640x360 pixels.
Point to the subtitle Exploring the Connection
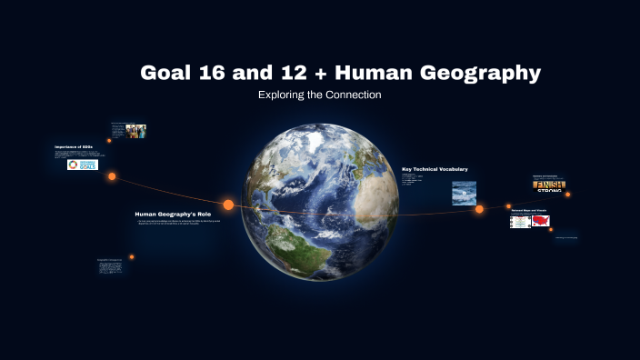319,95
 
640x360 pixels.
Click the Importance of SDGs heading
74,146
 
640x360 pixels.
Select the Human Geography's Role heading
167,214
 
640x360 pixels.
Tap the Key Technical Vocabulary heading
435,169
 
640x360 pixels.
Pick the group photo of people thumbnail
136,131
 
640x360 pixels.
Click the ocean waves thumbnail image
465,193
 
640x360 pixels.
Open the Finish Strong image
548,187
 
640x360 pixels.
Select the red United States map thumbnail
541,221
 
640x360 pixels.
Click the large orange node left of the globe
228,205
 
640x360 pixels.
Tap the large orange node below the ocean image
479,210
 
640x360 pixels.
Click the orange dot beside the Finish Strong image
568,194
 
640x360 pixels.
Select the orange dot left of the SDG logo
112,176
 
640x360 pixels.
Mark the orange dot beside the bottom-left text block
132,256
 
